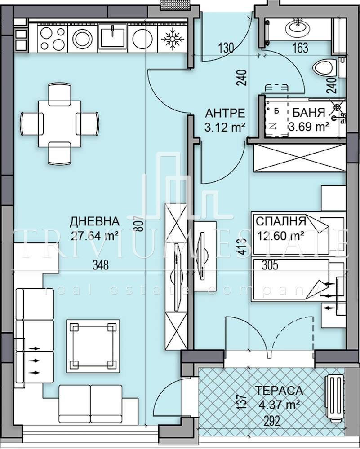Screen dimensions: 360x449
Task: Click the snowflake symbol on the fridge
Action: tap(172, 38)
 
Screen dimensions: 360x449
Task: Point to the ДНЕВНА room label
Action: tap(94, 221)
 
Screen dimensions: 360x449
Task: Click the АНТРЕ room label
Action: tap(225, 113)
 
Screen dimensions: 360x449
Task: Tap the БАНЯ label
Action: tap(309, 113)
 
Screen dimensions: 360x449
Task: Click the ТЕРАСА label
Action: tap(279, 391)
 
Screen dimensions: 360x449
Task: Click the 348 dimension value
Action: tap(101, 265)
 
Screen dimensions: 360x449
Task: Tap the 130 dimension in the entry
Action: tap(226, 48)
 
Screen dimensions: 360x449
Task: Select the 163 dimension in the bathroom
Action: tap(300, 48)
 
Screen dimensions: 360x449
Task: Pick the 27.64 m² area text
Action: tap(95, 236)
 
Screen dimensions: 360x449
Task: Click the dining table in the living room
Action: tap(60, 123)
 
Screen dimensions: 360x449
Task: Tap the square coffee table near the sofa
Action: tap(93, 346)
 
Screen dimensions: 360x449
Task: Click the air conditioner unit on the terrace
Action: tap(335, 398)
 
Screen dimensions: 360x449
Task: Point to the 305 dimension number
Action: tap(270, 265)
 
